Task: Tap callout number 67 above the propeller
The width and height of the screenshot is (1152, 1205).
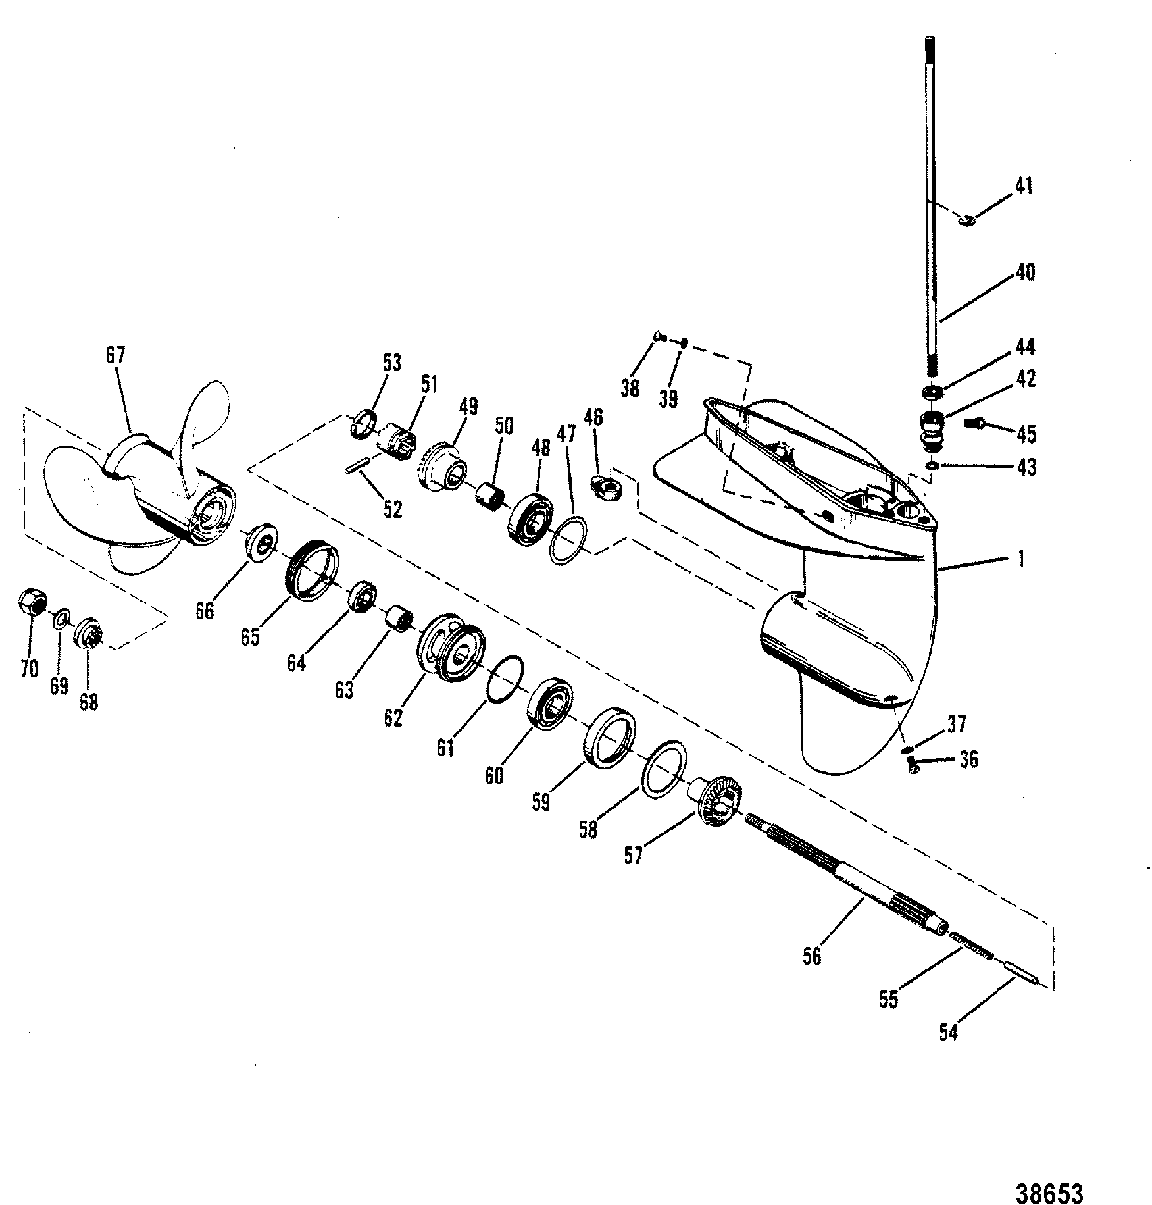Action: (115, 355)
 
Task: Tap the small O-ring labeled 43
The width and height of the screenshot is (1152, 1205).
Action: (931, 466)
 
